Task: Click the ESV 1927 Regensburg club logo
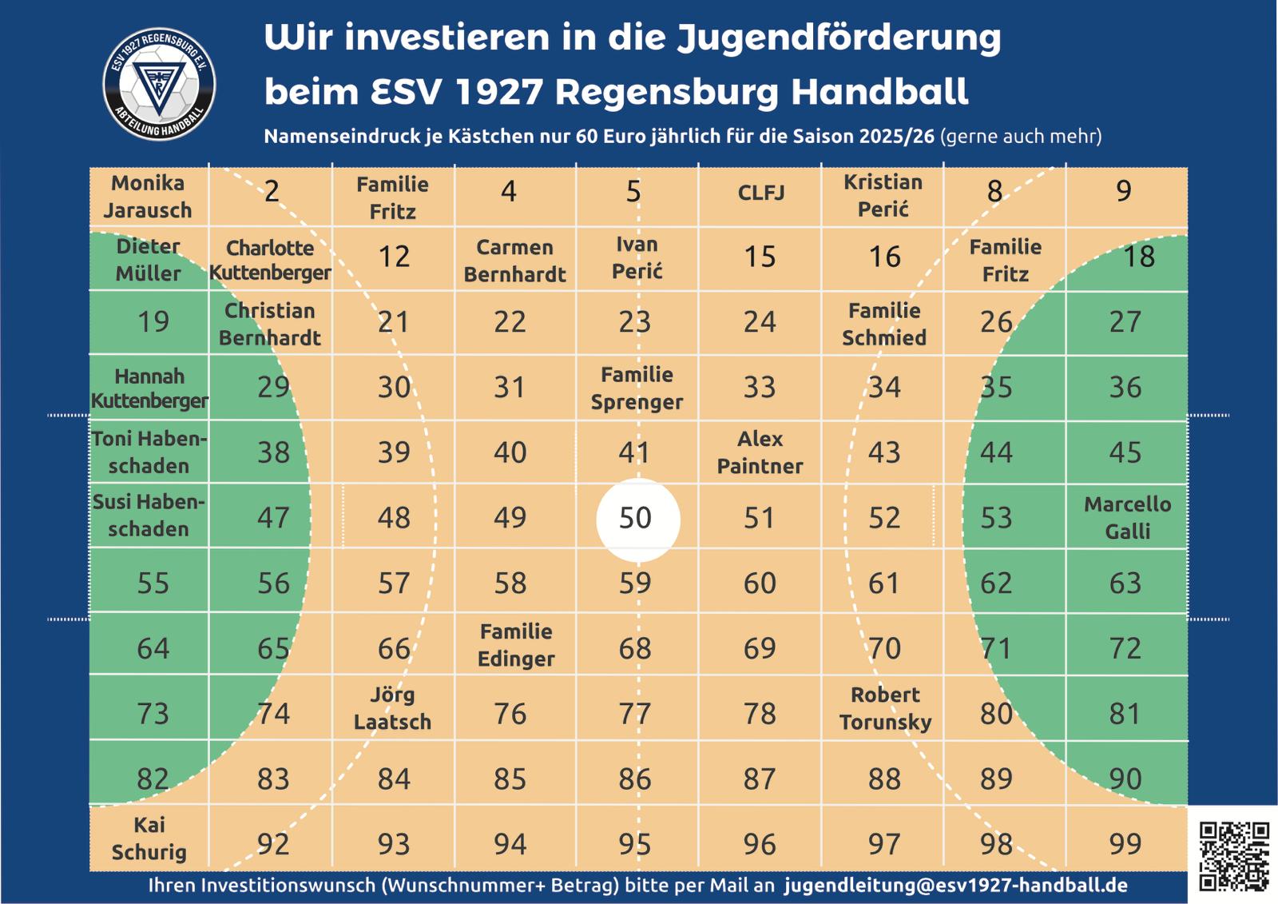pos(160,84)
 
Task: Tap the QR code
pos(1233,856)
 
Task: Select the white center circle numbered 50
pos(637,519)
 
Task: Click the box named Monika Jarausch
pos(149,197)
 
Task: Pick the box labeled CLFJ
pos(760,193)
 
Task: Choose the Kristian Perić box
pos(883,196)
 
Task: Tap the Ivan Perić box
pos(637,258)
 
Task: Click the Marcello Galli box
pos(1127,518)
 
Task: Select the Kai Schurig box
pos(149,838)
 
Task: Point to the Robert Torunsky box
pos(885,708)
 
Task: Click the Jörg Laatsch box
pos(392,708)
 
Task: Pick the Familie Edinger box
pos(516,645)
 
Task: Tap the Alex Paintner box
pos(760,452)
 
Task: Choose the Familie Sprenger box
pos(637,388)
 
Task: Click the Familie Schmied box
pos(884,324)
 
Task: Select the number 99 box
pos(1125,843)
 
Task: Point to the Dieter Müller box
pos(149,260)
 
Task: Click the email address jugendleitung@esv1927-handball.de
pos(956,886)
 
